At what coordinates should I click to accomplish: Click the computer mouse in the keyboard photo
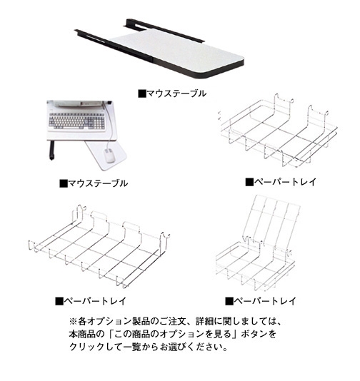(x=109, y=156)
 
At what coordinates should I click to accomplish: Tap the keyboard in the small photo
(x=77, y=121)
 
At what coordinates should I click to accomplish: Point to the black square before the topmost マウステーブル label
(x=142, y=93)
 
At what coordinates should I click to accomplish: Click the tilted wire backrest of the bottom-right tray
(x=272, y=219)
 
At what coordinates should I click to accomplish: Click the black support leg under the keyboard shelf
(x=52, y=150)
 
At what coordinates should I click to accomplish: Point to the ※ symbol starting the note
(x=73, y=322)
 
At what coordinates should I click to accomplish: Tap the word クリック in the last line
(x=87, y=347)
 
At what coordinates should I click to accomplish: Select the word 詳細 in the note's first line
(x=205, y=322)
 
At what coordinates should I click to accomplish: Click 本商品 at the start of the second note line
(x=82, y=334)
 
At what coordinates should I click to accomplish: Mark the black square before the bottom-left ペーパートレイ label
(x=59, y=301)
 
